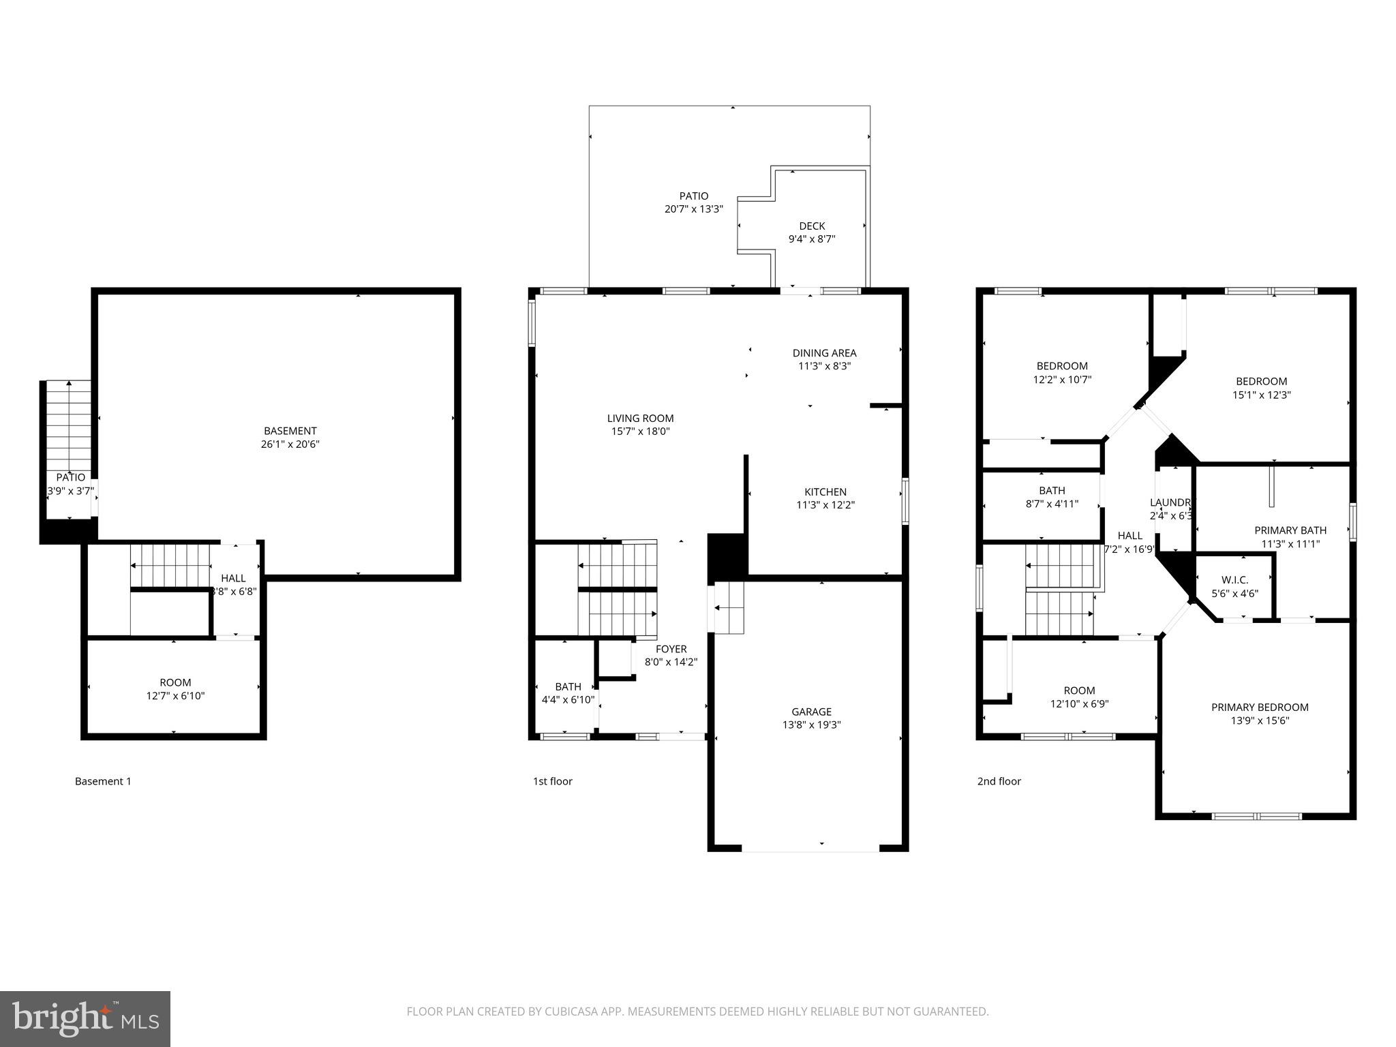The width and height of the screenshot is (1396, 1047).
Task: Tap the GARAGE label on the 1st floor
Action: click(811, 712)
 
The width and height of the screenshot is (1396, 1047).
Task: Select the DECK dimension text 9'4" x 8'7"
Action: click(811, 239)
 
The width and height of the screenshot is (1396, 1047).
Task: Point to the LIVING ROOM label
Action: click(640, 419)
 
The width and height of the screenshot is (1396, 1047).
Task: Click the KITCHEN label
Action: click(825, 492)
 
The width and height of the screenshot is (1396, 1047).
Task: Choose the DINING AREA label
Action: click(824, 353)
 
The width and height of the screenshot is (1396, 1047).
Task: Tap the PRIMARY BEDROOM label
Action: click(1260, 708)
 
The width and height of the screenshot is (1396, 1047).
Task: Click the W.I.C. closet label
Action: click(1234, 580)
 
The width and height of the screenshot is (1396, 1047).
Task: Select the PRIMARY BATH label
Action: click(1290, 530)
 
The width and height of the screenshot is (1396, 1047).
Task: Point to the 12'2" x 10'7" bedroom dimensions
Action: click(1062, 380)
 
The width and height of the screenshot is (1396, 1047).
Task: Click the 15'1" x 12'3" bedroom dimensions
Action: click(1261, 395)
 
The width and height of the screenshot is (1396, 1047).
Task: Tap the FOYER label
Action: click(671, 649)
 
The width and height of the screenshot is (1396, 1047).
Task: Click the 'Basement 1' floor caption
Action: click(103, 781)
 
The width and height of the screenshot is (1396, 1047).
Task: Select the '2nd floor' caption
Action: click(999, 781)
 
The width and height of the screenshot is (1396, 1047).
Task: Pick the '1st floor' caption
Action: click(552, 781)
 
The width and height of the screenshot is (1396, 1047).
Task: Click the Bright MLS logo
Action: click(85, 1018)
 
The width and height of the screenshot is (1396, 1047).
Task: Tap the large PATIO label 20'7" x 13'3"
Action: click(693, 196)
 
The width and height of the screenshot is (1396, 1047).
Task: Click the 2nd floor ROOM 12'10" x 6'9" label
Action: click(1079, 691)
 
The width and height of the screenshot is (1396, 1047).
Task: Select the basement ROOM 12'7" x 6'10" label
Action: click(175, 682)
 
